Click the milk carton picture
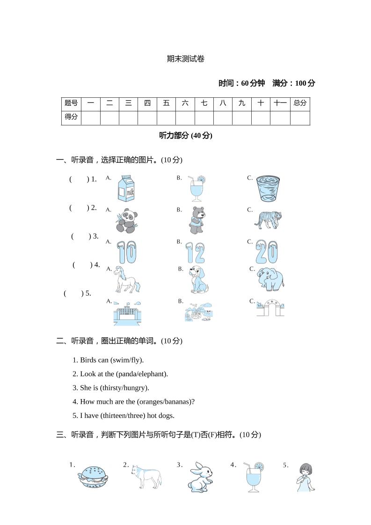click(125, 188)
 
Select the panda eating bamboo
click(127, 220)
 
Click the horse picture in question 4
click(126, 279)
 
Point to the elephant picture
click(270, 279)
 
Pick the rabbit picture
click(200, 477)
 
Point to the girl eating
click(306, 477)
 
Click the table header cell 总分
click(300, 103)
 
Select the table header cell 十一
click(280, 103)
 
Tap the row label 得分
click(71, 117)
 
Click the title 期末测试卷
click(186, 59)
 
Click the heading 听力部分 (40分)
click(186, 136)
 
